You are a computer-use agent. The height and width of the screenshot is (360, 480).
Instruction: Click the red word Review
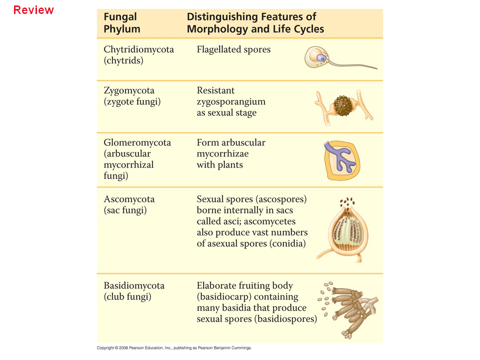point(33,10)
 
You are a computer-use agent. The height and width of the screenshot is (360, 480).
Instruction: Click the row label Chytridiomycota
point(138,49)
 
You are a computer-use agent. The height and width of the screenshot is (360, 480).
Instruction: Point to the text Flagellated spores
point(233,49)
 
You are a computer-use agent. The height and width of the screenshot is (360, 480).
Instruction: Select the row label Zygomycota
point(129,90)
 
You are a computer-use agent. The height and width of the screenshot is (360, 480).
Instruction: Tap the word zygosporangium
point(231,101)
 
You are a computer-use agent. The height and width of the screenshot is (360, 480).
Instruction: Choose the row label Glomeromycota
point(137,142)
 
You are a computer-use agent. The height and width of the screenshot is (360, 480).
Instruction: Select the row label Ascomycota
point(129,199)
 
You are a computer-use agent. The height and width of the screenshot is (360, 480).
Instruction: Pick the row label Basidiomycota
point(134,285)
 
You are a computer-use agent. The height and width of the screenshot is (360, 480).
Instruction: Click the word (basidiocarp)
point(222,296)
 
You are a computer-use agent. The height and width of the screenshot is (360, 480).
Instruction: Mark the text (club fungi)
point(127,296)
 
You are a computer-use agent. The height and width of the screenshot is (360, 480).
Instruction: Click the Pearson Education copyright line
point(174,347)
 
